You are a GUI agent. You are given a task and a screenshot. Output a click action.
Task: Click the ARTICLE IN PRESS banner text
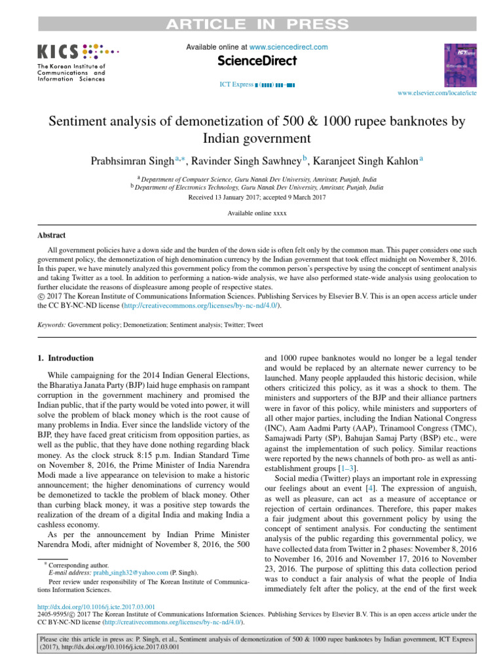257,25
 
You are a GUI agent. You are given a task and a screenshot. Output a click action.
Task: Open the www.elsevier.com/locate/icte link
438,94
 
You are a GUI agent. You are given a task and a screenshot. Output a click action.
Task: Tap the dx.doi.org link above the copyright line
96,607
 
